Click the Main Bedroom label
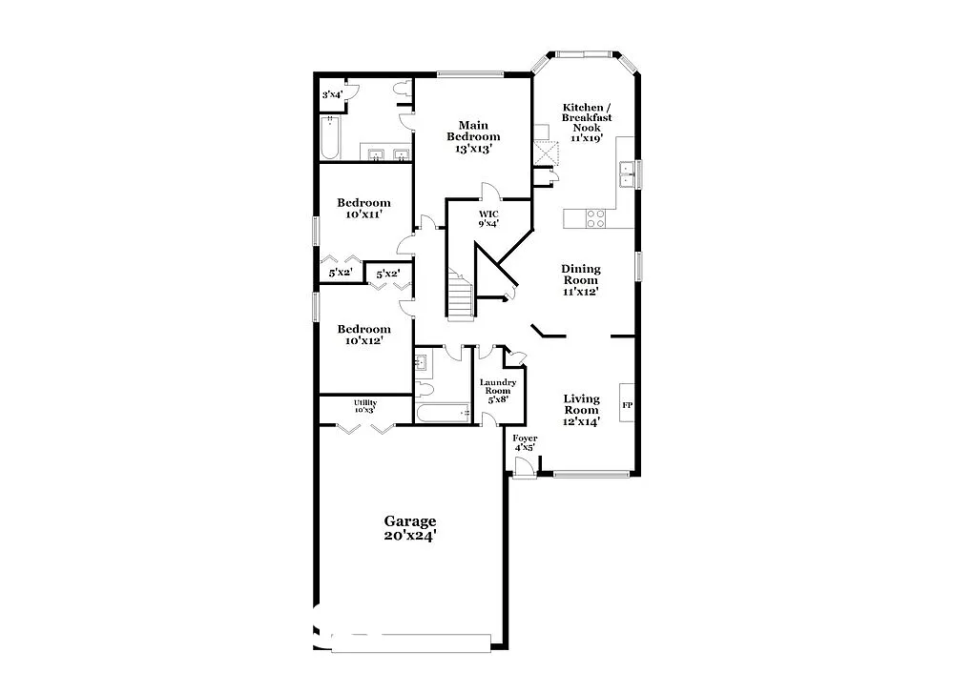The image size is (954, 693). (x=473, y=136)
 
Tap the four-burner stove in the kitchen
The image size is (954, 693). (x=594, y=219)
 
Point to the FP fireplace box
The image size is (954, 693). (x=627, y=405)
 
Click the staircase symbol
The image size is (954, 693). (x=460, y=296)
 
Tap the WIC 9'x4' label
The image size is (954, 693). (x=488, y=218)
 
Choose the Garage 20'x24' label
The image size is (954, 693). (x=410, y=528)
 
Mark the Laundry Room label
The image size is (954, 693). (x=497, y=391)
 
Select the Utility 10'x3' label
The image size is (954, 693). (x=365, y=406)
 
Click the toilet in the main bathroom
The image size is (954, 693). (x=402, y=90)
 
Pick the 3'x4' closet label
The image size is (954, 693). (x=331, y=94)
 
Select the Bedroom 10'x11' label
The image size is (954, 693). (x=363, y=209)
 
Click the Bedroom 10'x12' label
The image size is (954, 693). (x=363, y=335)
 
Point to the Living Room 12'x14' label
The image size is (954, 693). (x=580, y=410)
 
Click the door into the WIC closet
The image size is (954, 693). (x=487, y=191)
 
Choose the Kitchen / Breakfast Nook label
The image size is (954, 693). (x=587, y=122)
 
